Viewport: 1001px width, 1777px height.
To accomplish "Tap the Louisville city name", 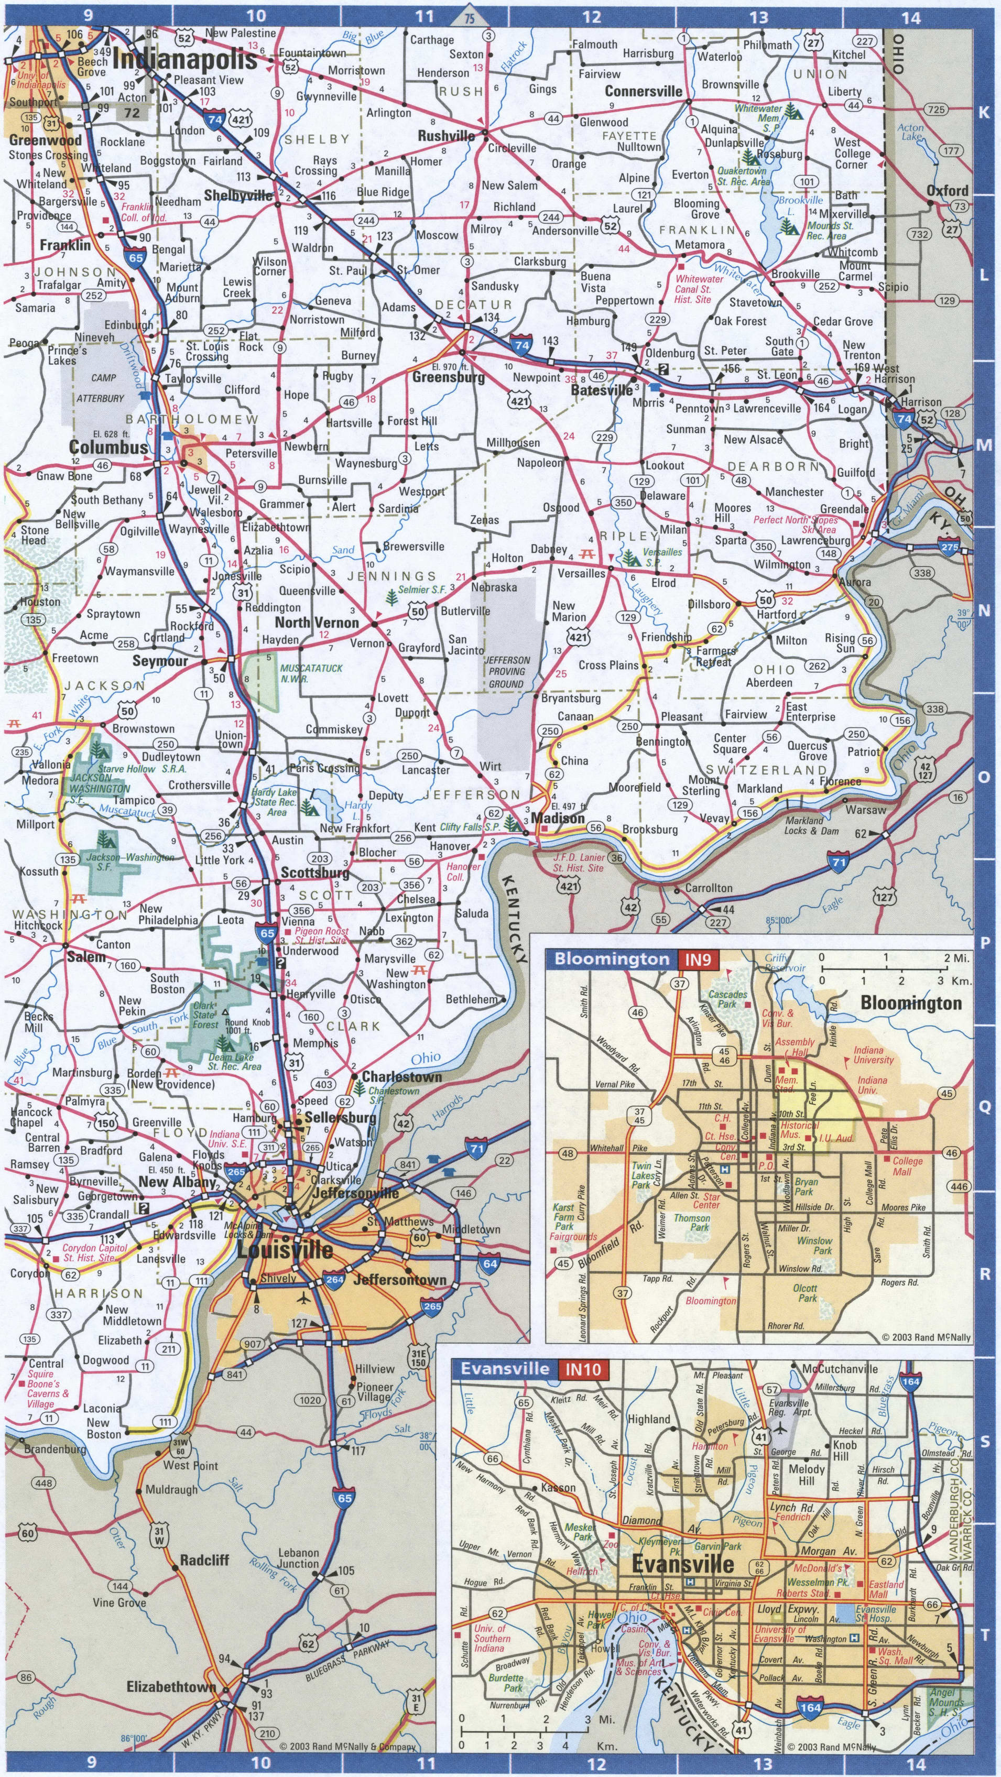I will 285,1250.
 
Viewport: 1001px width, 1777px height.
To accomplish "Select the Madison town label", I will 558,818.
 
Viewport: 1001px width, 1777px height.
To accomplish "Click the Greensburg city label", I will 449,377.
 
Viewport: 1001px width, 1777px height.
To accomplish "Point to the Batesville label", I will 602,390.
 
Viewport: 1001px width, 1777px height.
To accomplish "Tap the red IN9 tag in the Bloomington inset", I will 700,959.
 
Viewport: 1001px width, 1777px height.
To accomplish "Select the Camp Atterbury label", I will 101,388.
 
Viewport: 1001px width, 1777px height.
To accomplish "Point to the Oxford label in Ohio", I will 947,190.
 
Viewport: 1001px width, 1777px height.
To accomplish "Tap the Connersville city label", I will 644,91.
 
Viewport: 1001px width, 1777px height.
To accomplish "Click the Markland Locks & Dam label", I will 812,826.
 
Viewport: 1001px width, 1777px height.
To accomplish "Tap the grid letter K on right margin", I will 984,113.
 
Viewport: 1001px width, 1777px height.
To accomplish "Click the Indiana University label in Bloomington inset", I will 873,1055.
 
